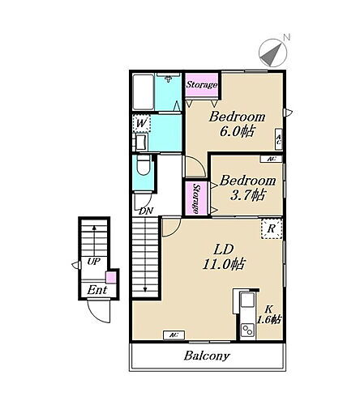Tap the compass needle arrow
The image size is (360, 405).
[x=271, y=55]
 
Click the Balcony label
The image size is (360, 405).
[x=207, y=356]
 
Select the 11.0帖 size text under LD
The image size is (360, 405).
[x=224, y=264]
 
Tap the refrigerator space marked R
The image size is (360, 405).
[x=272, y=228]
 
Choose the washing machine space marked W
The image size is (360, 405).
[x=141, y=123]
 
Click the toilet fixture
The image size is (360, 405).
[x=144, y=165]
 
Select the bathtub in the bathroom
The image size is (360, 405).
[x=144, y=92]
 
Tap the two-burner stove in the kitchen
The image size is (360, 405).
[x=247, y=330]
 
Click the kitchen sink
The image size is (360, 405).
[x=247, y=300]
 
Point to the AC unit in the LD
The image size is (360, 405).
[x=174, y=335]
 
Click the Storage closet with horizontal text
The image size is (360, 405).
[x=202, y=84]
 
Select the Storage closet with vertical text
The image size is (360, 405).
[x=196, y=198]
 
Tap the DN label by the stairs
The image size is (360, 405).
[x=146, y=211]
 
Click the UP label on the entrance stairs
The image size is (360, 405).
[x=94, y=261]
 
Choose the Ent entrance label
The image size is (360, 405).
[x=97, y=290]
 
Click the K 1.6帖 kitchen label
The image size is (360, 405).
[x=268, y=314]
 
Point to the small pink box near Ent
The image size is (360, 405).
[x=111, y=277]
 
